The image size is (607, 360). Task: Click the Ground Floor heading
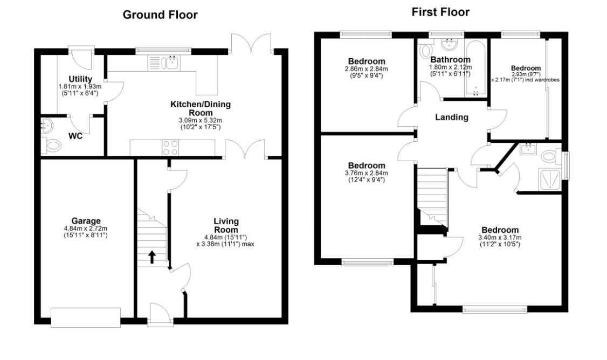[160, 15]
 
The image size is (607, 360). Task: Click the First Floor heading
[440, 12]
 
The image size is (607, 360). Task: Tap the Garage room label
[86, 221]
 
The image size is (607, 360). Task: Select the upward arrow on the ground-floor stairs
[153, 257]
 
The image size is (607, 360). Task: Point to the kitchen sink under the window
[173, 63]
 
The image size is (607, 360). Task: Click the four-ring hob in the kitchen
[171, 147]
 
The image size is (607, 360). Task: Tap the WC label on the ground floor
[75, 136]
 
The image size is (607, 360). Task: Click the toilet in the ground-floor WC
[52, 145]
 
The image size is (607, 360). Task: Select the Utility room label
[80, 79]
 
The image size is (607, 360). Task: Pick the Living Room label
[226, 226]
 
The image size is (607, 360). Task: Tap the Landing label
[452, 117]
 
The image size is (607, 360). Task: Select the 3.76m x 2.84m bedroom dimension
[367, 173]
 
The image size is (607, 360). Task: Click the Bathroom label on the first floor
[450, 59]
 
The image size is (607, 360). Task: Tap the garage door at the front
[86, 317]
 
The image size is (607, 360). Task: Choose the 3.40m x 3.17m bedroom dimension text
[500, 238]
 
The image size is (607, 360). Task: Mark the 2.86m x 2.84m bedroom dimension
[367, 69]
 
